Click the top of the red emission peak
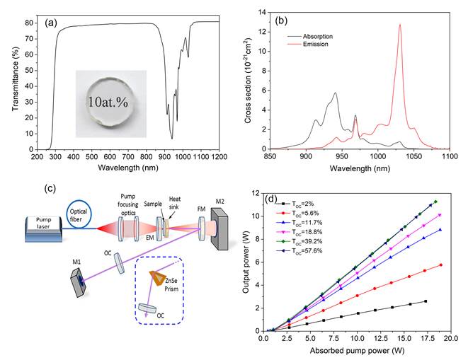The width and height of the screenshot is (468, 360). pyautogui.click(x=400, y=25)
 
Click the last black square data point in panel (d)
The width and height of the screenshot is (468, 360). pyautogui.click(x=426, y=301)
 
